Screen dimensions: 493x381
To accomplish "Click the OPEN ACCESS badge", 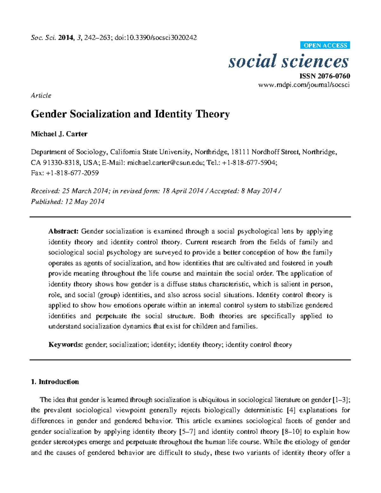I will coord(325,45).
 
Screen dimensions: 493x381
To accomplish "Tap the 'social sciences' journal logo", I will coord(289,61).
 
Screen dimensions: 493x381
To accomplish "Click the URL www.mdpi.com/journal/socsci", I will coord(304,85).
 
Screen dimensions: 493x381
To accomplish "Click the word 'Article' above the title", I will coord(41,96).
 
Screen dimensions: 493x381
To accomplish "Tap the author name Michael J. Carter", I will coord(59,134).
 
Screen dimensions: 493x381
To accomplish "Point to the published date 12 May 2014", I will coord(85,202).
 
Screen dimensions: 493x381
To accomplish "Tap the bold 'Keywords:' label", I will coord(66,345).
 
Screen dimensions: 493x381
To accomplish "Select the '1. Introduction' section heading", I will coord(55,382).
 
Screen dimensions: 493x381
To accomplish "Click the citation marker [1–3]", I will coord(341,400).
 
